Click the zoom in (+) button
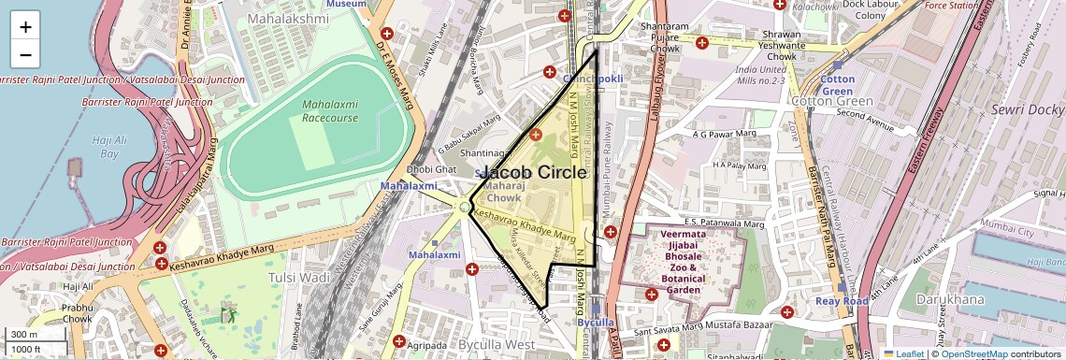click(25, 26)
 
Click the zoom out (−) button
click(25, 54)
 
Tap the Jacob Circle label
click(537, 173)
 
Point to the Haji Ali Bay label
click(108, 146)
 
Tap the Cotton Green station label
click(838, 86)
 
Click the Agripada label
click(427, 343)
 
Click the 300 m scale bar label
click(24, 334)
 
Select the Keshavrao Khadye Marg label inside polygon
click(524, 225)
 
